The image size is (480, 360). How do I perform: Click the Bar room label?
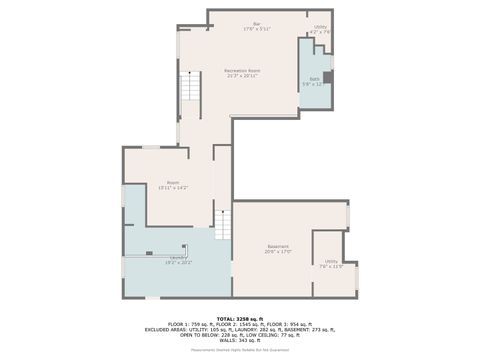click(256, 23)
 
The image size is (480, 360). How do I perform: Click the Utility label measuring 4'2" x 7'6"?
click(320, 27)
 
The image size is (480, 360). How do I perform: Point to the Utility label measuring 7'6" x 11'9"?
click(331, 262)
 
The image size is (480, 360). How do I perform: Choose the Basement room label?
click(277, 246)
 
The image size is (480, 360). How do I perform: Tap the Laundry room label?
click(179, 257)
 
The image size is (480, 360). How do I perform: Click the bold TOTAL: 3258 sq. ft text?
click(240, 317)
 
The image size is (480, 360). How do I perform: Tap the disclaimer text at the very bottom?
click(240, 350)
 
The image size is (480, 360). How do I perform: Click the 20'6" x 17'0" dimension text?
click(277, 252)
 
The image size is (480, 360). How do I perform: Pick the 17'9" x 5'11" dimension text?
click(256, 29)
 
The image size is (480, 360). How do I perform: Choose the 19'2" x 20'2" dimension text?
click(179, 263)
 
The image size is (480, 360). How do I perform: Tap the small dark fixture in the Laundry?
click(149, 253)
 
